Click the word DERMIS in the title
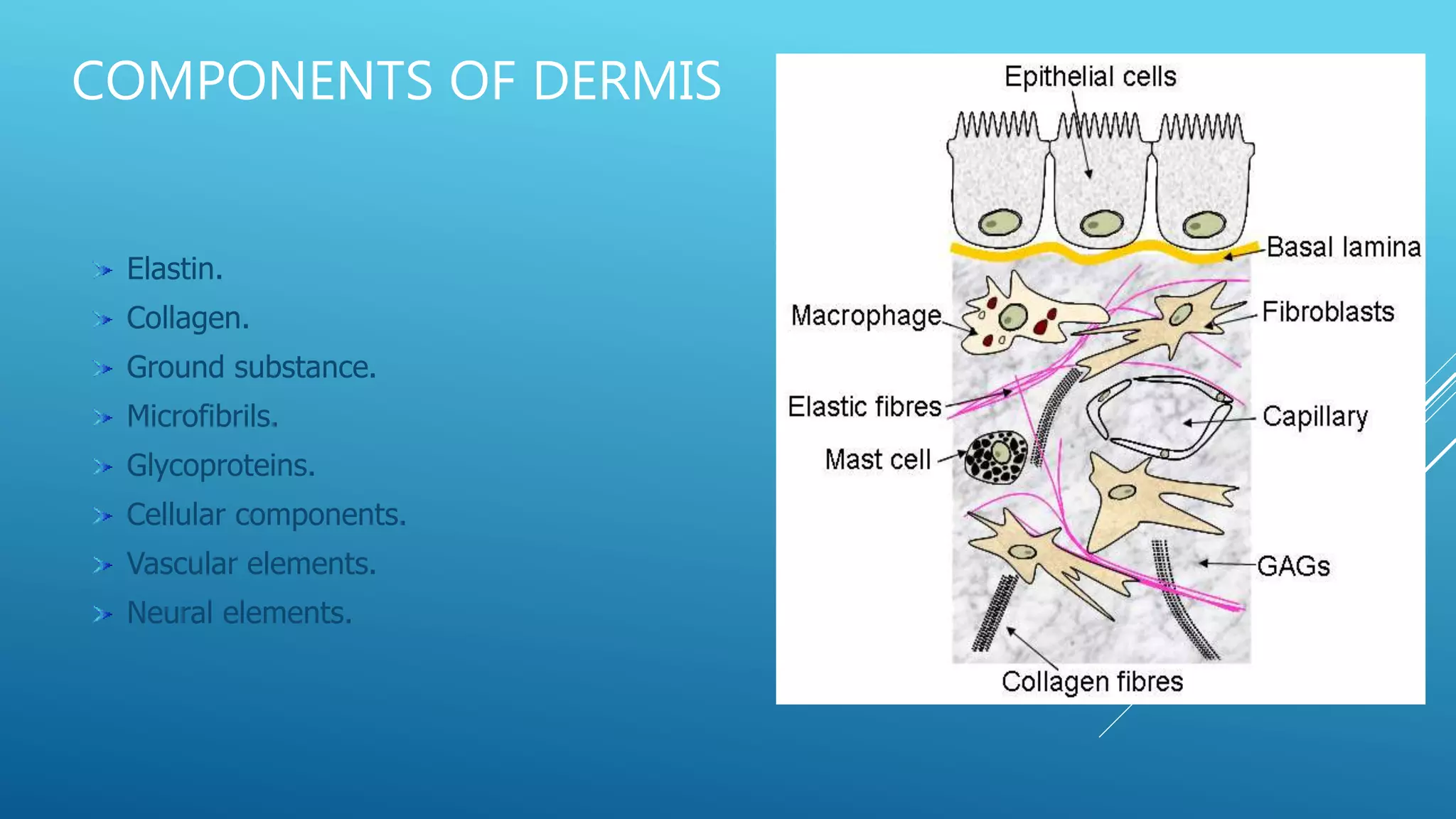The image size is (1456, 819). [627, 80]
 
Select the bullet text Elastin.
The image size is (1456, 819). [174, 269]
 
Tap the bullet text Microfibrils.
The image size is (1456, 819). [202, 417]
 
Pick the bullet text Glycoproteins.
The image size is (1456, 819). [220, 466]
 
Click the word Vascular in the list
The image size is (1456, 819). [182, 564]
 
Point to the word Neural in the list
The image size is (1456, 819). [169, 613]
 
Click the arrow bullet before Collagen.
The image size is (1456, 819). [103, 319]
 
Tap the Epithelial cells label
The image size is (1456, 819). [1090, 77]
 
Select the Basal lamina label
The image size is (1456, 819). [1343, 247]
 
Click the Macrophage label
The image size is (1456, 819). [866, 316]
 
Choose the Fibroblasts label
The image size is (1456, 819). [1327, 312]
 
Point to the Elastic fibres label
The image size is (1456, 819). [864, 407]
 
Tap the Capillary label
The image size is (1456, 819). [1315, 417]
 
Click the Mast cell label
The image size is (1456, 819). [878, 460]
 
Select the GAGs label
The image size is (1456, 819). [1293, 567]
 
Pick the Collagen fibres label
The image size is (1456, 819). [1092, 682]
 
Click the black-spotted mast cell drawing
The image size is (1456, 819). [995, 457]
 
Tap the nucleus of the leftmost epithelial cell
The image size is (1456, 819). [1000, 223]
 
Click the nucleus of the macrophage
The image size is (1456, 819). [1012, 317]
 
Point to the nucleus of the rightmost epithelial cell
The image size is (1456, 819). [1204, 225]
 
